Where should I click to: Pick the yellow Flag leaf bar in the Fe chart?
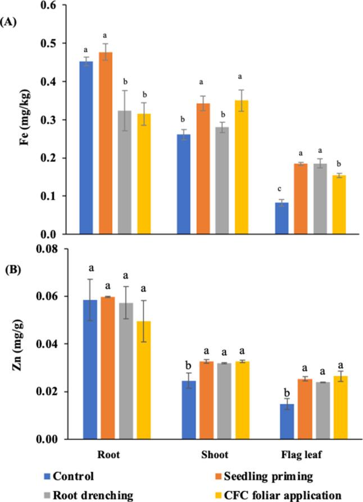[338, 205]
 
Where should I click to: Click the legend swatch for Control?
[47, 477]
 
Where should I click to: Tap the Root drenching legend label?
[92, 495]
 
